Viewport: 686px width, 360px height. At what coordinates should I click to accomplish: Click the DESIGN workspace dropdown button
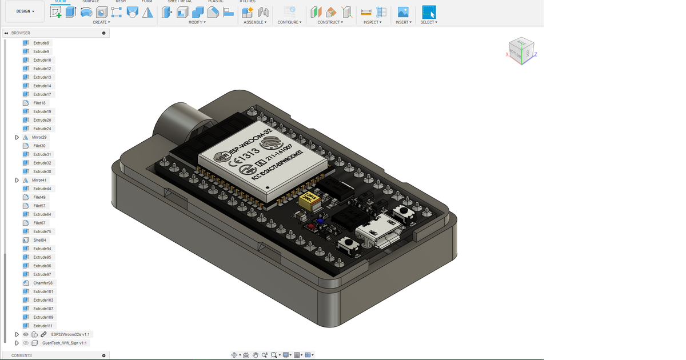25,11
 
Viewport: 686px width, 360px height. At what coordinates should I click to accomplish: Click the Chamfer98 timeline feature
42,283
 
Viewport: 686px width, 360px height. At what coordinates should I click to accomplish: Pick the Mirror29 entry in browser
39,137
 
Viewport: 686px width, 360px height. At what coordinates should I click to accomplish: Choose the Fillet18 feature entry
39,103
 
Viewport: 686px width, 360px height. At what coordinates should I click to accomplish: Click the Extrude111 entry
43,326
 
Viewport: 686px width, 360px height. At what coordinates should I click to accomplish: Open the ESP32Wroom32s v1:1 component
70,334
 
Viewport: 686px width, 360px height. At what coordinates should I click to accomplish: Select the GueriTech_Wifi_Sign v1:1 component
65,343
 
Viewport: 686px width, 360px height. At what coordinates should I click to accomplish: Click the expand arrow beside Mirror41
17,180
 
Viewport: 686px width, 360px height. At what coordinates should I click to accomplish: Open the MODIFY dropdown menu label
197,22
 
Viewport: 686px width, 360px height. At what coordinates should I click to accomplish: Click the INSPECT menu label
372,22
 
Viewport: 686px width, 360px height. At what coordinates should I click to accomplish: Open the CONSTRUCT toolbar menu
330,22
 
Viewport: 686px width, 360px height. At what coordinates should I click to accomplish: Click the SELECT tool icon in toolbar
429,12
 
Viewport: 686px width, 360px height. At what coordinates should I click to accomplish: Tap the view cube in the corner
521,52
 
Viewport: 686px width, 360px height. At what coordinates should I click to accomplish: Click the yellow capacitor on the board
309,201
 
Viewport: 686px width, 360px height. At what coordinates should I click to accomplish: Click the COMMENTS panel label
22,355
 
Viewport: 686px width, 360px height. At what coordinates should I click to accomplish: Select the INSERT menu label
403,22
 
